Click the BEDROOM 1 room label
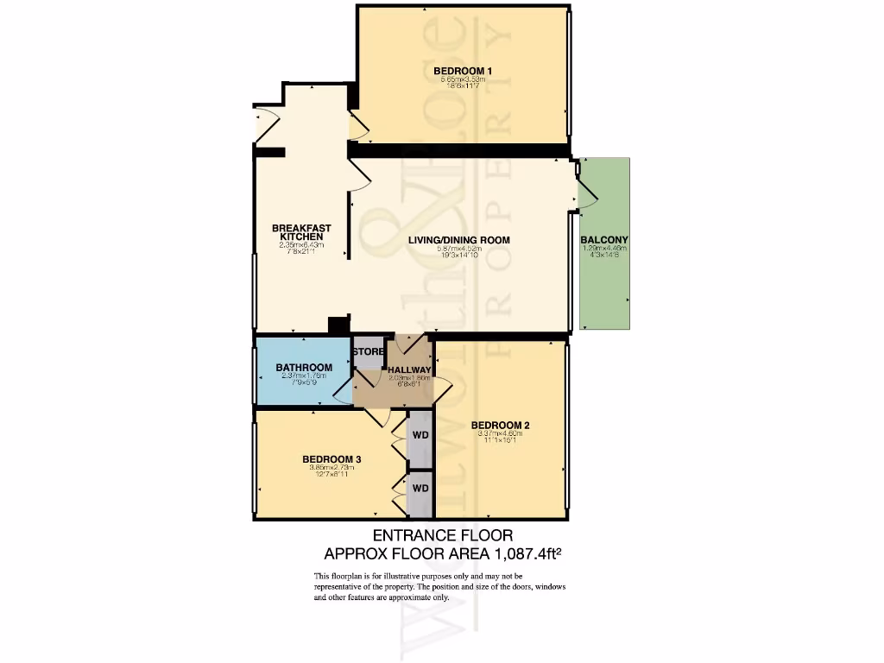(x=462, y=71)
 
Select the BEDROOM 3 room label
(x=331, y=458)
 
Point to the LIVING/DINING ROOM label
(x=459, y=240)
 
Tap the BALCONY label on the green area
(x=604, y=240)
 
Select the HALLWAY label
(x=409, y=370)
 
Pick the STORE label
(x=368, y=351)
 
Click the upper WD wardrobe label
(x=420, y=435)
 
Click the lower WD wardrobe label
(x=420, y=489)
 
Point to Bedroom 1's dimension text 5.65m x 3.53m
(x=462, y=79)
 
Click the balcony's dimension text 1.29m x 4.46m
(x=604, y=249)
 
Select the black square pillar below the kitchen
(x=338, y=325)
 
